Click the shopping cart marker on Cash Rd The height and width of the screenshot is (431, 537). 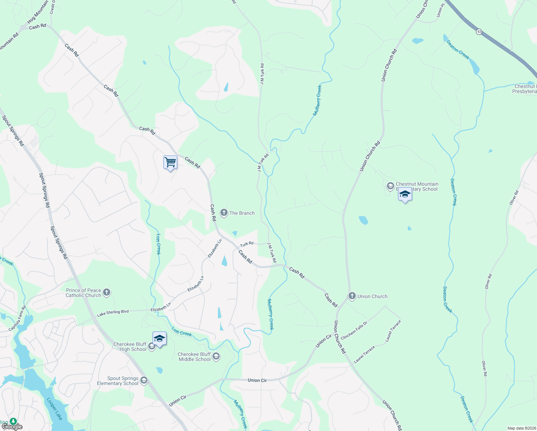point(170,162)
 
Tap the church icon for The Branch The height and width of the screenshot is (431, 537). point(224,213)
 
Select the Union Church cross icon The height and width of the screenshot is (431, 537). point(352,296)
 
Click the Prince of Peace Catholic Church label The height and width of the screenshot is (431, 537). point(83,293)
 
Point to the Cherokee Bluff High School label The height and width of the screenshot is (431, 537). point(130,347)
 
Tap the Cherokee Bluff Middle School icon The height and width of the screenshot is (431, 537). point(216,356)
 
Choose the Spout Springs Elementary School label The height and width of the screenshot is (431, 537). point(118,381)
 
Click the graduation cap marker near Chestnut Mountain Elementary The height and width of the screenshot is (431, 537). point(405,194)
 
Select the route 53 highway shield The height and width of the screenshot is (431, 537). point(479,32)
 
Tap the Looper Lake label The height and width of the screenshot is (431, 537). point(55,409)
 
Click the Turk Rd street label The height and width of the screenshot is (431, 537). point(247,244)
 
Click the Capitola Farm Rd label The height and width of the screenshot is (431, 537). point(18,318)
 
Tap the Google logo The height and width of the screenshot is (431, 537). point(12,427)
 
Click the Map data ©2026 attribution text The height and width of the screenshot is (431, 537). point(521,428)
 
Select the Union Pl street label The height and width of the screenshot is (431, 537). point(440,11)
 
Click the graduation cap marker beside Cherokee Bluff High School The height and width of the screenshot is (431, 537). point(159,338)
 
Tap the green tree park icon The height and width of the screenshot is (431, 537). point(13,421)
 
